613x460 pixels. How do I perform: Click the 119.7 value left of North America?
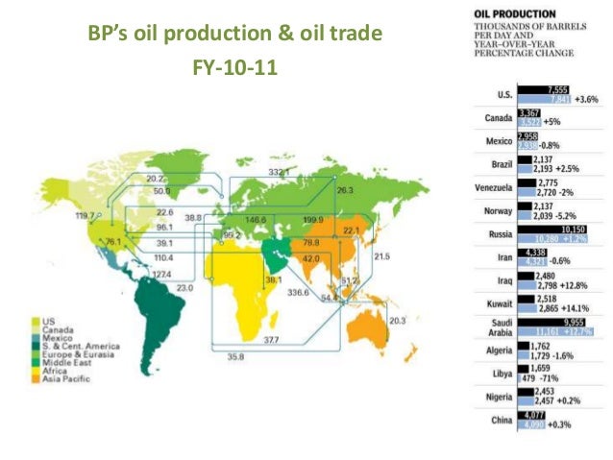coord(86,217)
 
